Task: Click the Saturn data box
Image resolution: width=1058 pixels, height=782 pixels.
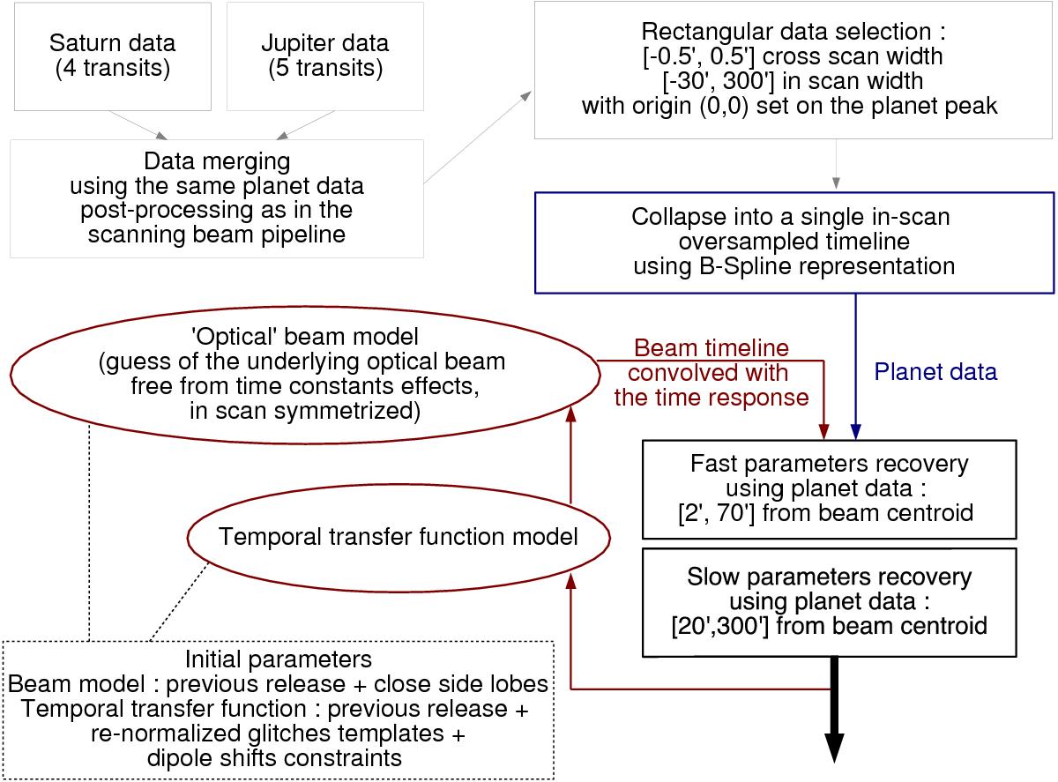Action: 112,54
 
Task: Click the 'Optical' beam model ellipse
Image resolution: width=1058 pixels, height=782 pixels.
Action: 303,373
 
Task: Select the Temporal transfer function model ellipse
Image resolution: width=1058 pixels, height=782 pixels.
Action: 399,536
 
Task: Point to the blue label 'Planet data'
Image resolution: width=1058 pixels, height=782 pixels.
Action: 935,372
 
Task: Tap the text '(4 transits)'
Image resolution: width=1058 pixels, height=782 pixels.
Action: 112,67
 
